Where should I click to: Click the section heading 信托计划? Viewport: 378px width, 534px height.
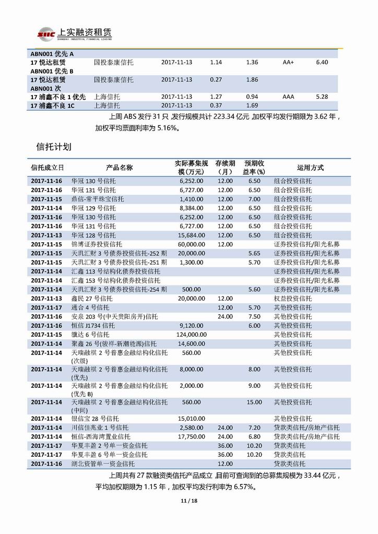tap(53, 147)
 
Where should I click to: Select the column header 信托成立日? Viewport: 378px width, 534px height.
tap(48, 168)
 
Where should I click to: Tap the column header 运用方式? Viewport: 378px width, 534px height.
tap(310, 168)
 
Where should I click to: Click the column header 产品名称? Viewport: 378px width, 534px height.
tap(119, 168)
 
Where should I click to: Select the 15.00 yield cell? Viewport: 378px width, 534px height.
tap(254, 402)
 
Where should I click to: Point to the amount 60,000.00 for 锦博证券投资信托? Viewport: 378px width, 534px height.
tap(191, 244)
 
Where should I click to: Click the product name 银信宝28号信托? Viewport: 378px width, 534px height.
tap(93, 419)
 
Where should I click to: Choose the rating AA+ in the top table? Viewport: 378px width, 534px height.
tap(288, 62)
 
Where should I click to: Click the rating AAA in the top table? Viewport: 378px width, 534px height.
tap(288, 97)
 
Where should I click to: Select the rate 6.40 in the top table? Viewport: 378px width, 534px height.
tap(322, 62)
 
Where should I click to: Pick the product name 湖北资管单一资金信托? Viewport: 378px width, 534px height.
tap(103, 464)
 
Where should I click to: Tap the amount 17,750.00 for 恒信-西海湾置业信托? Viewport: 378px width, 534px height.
tap(191, 436)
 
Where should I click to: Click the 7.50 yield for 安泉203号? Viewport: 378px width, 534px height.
tap(254, 316)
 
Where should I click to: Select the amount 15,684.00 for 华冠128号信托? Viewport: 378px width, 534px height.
tap(191, 235)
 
